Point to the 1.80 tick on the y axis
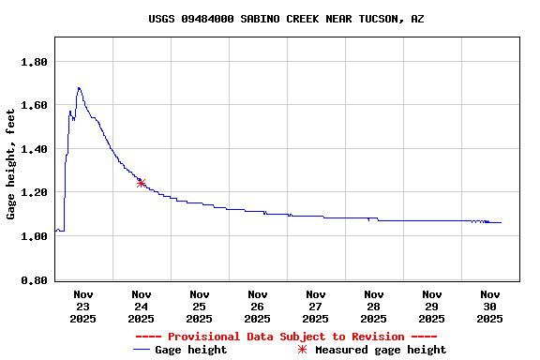(x=34, y=62)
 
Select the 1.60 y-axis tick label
(x=34, y=105)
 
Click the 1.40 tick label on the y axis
(x=34, y=149)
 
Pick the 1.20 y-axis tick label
(x=34, y=192)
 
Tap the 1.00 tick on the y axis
(x=34, y=236)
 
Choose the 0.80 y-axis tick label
(x=34, y=280)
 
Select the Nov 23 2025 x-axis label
(x=82, y=307)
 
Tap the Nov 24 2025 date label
(x=141, y=307)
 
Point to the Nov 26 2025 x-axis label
(x=257, y=307)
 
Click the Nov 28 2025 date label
(x=373, y=307)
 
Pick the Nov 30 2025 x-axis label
(x=489, y=307)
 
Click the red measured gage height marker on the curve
(x=141, y=183)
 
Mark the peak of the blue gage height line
(x=79, y=87)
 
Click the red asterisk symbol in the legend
(x=302, y=350)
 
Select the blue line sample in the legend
(x=142, y=350)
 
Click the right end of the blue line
(x=501, y=222)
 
